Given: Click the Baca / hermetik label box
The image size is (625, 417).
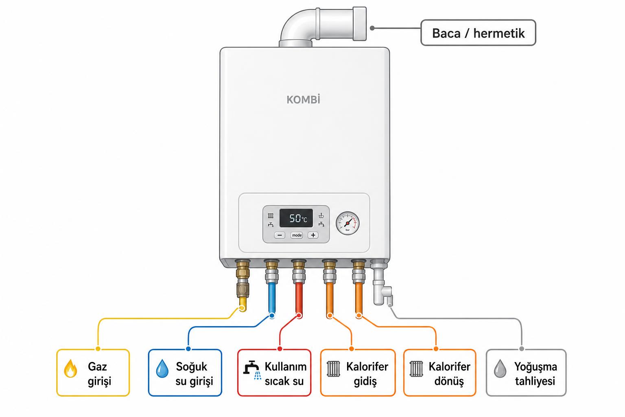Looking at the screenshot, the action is (x=478, y=33).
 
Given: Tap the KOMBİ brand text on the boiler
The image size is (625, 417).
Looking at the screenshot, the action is (x=303, y=100).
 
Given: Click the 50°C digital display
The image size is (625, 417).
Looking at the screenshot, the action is (x=296, y=218).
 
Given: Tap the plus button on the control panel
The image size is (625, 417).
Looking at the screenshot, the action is (x=313, y=235).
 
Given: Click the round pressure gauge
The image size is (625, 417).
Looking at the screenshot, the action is (x=347, y=223).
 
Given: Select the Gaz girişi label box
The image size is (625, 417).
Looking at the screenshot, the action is (x=93, y=373).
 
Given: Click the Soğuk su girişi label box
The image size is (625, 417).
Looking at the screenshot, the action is (x=185, y=373).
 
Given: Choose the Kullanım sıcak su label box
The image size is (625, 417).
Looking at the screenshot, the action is (x=274, y=373).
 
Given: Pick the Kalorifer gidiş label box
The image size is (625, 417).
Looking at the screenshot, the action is (x=358, y=373).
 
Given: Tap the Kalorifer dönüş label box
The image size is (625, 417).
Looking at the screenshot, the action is (x=440, y=373).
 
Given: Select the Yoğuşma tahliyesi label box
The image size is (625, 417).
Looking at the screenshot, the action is (x=526, y=373).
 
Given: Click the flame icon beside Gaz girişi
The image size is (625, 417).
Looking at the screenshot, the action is (x=70, y=369).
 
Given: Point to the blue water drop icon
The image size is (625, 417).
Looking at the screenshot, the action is (x=162, y=369).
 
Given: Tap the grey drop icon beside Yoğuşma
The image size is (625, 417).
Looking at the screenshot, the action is (x=500, y=369).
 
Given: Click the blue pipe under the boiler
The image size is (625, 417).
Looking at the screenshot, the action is (x=272, y=298).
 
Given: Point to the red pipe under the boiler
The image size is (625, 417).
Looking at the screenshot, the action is (x=299, y=298).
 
